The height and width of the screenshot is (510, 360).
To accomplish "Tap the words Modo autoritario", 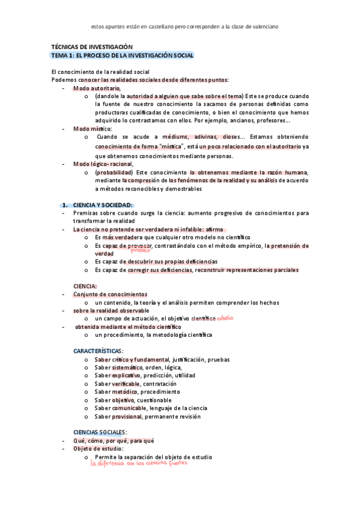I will pos(97,88).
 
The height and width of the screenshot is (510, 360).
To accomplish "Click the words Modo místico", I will pos(92,129).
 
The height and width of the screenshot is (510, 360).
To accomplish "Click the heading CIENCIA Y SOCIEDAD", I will pos(102,204).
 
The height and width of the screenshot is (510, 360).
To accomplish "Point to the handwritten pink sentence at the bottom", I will pos(139,463).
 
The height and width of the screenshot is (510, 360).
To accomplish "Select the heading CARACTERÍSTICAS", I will pos(97,350).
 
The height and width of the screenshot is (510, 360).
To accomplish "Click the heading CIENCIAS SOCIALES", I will pos(100,432).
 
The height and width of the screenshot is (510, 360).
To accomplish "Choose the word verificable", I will pos(126,384).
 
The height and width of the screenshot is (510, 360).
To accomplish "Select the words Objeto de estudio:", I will pos(99,449).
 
